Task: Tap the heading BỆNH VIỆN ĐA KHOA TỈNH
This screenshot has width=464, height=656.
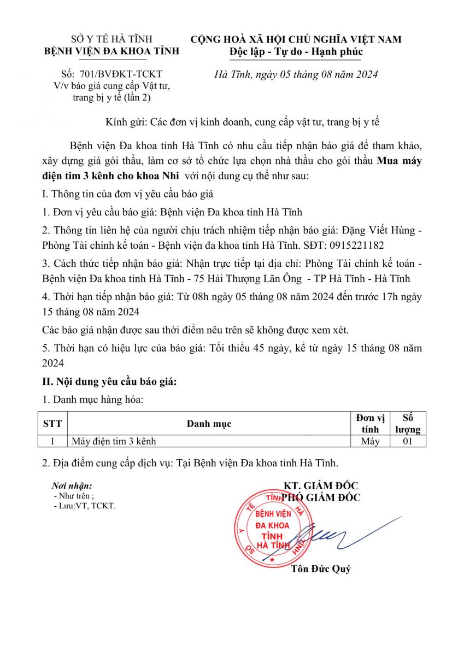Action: [111, 51]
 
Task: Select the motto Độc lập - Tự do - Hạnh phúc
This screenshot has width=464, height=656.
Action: [296, 51]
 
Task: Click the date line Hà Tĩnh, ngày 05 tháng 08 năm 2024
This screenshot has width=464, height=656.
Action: [296, 74]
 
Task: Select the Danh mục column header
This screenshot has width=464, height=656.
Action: [209, 424]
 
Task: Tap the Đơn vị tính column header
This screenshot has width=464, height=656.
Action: [370, 424]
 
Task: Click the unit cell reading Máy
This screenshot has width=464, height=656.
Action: [370, 441]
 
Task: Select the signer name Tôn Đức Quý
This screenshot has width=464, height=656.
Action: [321, 569]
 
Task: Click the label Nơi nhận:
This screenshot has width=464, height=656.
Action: [72, 485]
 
